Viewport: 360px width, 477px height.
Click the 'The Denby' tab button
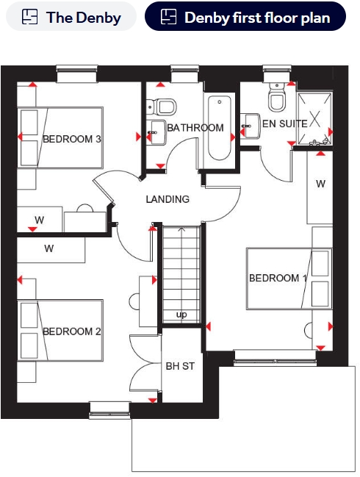pos(71,16)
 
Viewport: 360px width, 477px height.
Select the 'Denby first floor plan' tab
pos(245,16)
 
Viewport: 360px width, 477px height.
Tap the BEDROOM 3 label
pos(72,139)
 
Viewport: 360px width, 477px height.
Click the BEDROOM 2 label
pos(72,331)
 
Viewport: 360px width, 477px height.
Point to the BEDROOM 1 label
pos(278,278)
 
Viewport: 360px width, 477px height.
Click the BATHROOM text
pos(195,128)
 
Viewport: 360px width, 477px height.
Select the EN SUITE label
pos(285,123)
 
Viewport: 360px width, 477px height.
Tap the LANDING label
pos(168,199)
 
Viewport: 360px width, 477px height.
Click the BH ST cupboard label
pos(180,366)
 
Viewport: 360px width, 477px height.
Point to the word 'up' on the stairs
pos(181,315)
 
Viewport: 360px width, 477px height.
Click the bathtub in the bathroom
pos(220,128)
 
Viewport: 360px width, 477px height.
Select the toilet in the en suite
pos(277,96)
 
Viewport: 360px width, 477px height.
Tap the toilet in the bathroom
pos(162,107)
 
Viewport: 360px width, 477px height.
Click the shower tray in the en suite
pos(314,118)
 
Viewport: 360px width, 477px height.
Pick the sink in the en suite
pos(251,126)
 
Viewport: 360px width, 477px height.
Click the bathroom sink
pos(156,132)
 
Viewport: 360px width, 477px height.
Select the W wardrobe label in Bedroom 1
pos(320,184)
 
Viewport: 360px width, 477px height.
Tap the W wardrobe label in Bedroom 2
pos(49,248)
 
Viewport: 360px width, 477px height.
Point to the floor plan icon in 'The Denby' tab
pos(30,16)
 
